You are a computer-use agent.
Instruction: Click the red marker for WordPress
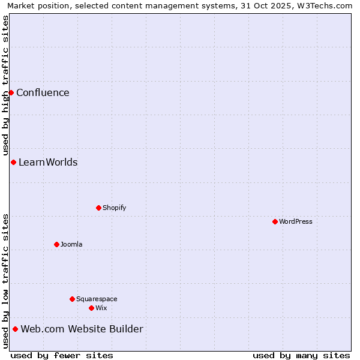pos(275,221)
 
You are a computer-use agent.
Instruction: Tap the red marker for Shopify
pos(98,208)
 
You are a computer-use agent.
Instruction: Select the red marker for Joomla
pos(56,244)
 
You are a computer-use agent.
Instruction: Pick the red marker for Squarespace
pos(72,299)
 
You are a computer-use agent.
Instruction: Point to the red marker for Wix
pos(91,308)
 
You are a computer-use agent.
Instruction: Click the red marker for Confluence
pos(11,92)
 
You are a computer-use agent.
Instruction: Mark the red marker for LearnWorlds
pos(13,162)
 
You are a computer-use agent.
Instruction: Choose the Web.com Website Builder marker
pos(15,329)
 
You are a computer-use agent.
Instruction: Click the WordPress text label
pos(296,221)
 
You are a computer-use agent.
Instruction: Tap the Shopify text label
pos(114,208)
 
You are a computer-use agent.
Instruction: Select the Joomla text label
pos(71,244)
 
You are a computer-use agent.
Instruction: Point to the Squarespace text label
pos(97,299)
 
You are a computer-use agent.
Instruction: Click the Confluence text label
pos(43,92)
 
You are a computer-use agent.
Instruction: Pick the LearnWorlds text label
pos(48,162)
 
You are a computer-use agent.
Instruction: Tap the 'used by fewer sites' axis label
pos(62,355)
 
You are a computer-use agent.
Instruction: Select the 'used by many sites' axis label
pos(301,355)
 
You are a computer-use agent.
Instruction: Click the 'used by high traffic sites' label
pos(5,86)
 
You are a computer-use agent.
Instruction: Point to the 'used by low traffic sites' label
pos(5,281)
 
